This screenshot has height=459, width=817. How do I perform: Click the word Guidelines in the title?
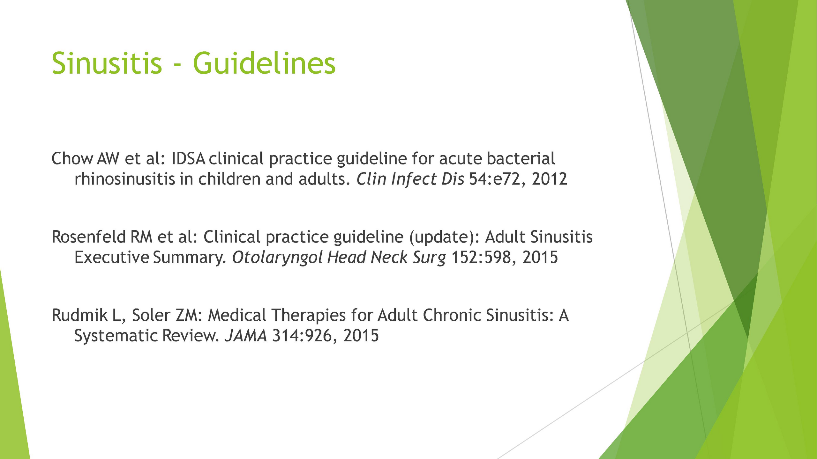[264, 63]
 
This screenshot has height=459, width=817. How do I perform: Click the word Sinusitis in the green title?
[107, 63]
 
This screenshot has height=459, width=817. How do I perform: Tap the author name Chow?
[72, 158]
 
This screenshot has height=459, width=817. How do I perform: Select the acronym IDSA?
[188, 158]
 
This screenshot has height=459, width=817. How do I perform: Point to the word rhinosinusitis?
[125, 179]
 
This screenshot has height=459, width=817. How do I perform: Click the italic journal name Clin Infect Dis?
[410, 179]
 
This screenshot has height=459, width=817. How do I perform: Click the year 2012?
[550, 179]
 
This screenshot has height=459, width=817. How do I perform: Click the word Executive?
[112, 257]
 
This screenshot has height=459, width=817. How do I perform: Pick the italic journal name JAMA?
[246, 336]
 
